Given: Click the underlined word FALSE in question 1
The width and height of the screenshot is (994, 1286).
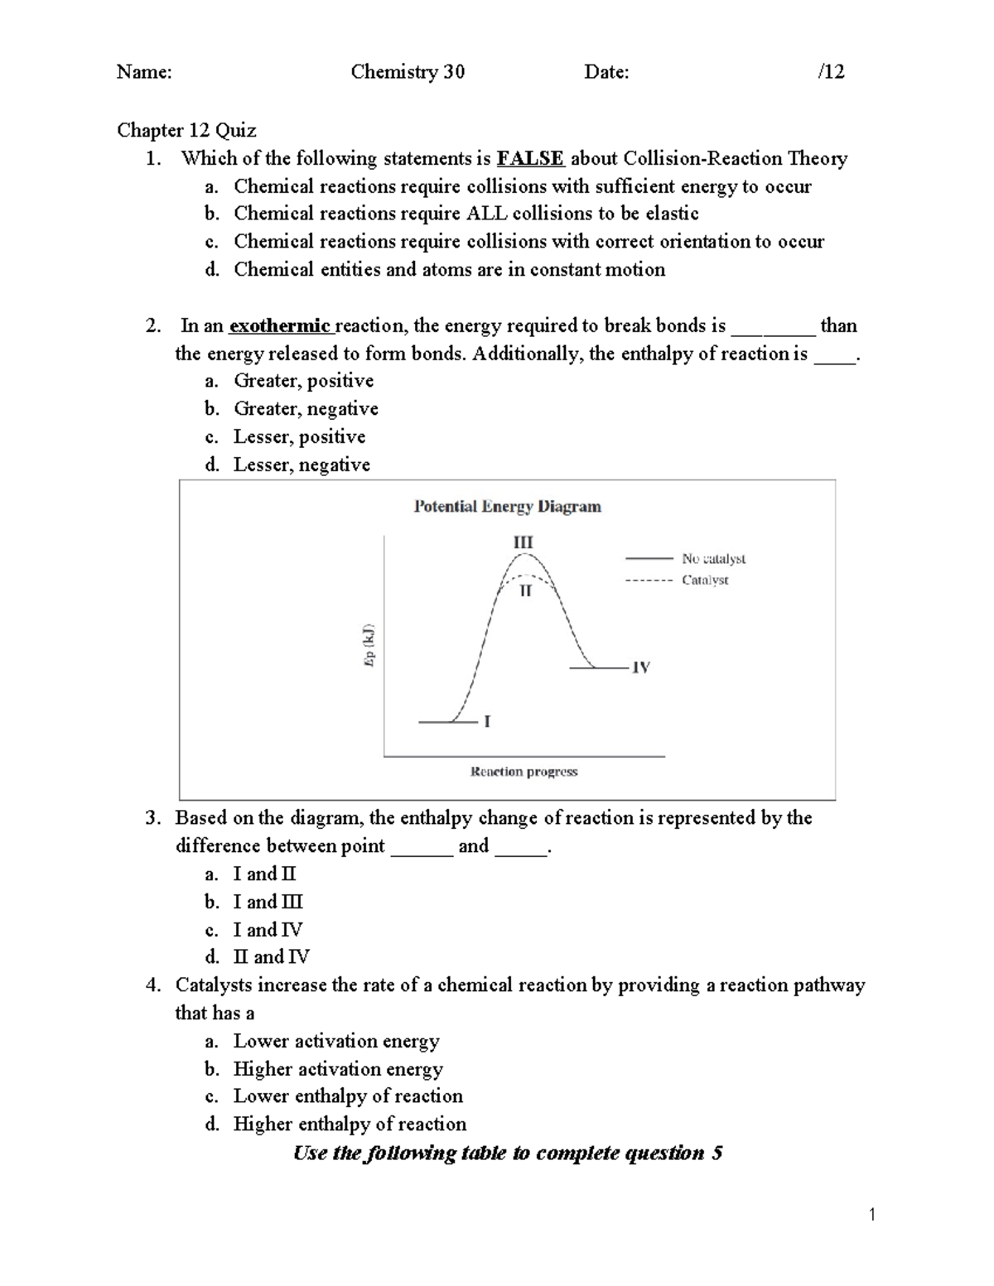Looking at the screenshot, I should click(530, 158).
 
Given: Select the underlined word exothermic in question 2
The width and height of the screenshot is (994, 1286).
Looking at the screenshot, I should click(280, 325).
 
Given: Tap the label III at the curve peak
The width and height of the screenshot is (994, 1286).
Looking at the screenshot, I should click(523, 542).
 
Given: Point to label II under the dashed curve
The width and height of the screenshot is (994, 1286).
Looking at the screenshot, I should click(525, 591).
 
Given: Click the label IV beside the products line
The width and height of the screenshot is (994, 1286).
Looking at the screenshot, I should click(640, 667).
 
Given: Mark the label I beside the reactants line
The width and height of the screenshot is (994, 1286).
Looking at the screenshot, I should click(487, 722).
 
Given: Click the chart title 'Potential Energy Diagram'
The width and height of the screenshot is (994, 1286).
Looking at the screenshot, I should click(507, 506).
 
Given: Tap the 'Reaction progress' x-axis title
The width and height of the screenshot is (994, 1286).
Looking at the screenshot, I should click(524, 772).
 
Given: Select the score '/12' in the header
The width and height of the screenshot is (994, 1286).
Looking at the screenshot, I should click(830, 72).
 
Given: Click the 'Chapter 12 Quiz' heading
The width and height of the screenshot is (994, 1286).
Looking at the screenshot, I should click(186, 130).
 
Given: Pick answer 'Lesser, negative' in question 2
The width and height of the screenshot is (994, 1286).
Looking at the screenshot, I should click(302, 465).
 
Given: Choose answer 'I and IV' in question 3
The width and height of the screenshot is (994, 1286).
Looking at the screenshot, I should click(268, 929).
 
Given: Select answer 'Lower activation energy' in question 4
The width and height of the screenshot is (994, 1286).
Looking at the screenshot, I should click(336, 1041).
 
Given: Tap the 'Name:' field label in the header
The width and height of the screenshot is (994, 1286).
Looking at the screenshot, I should click(144, 72).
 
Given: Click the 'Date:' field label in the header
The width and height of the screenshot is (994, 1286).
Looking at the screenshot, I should click(606, 72).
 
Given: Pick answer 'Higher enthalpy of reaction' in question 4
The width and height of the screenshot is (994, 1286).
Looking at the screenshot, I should click(350, 1124).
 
